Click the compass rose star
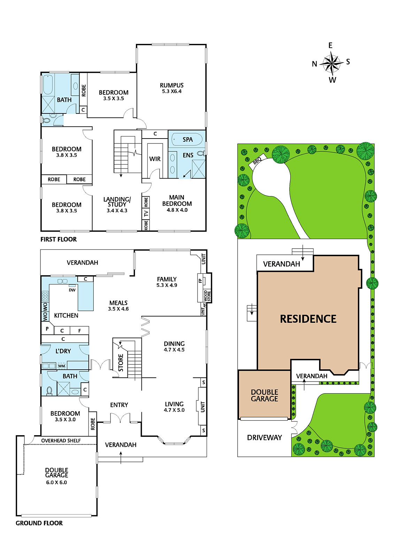point(331,63)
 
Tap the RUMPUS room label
point(171,85)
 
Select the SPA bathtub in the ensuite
point(187,139)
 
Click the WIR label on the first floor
point(155,159)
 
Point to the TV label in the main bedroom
point(146,213)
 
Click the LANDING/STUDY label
point(117,202)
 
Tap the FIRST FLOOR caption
point(59,239)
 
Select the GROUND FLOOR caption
point(39,523)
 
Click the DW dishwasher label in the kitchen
point(72,290)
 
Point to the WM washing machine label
point(61,366)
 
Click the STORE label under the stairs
point(121,362)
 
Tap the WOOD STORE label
point(207,296)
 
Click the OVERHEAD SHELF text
point(61,441)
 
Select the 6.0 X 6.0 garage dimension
point(56,483)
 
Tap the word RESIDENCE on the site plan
point(308,319)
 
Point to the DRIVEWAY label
point(264,437)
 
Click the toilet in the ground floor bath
point(49,390)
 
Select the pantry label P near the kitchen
point(47,329)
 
